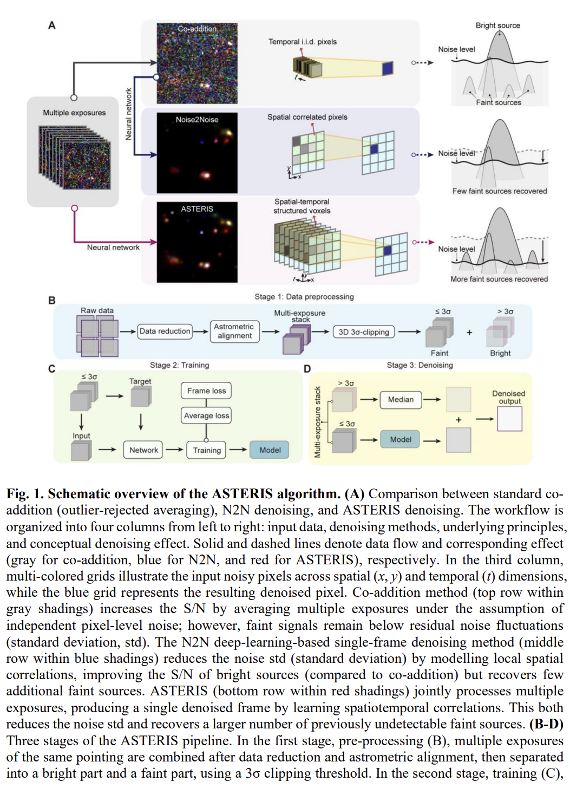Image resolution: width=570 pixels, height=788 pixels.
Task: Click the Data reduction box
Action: [165, 331]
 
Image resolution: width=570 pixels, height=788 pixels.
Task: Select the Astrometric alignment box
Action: [234, 331]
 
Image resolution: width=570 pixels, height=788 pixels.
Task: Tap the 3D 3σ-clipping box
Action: [364, 332]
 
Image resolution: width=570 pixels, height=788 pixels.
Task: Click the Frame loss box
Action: [206, 390]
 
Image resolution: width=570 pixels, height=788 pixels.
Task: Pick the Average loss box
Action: [206, 415]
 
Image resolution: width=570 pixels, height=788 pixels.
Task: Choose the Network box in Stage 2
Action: [143, 450]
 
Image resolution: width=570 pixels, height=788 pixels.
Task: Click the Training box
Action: [207, 450]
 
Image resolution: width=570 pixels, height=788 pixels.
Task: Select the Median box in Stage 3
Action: [401, 400]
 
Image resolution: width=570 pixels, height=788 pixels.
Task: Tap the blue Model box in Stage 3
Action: [401, 440]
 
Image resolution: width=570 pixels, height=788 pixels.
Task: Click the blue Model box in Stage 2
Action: [270, 450]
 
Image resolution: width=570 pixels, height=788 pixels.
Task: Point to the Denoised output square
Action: [509, 419]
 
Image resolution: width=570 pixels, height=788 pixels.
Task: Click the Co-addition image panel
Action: [197, 63]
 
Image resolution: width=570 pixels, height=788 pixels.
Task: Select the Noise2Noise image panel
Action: [197, 153]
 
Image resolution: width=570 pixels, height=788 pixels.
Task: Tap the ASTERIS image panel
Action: [197, 242]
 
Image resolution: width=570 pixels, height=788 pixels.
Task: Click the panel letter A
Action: [52, 25]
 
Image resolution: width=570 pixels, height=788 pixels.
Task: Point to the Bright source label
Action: [497, 25]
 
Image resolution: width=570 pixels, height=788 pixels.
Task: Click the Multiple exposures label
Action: [74, 113]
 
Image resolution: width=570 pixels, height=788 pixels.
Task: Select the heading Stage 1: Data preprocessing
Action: [304, 297]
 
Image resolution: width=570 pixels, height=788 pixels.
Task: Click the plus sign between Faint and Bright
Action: [469, 332]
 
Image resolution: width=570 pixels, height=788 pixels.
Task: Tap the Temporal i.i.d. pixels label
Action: [303, 42]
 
